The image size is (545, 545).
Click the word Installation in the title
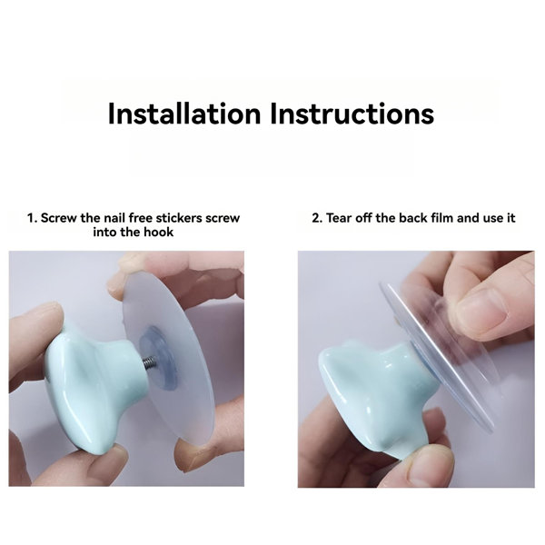(184, 114)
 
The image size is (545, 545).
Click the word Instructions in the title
(352, 114)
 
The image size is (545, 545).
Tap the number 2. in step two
(317, 218)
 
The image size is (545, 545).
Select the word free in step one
(141, 218)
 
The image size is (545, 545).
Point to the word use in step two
(493, 218)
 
